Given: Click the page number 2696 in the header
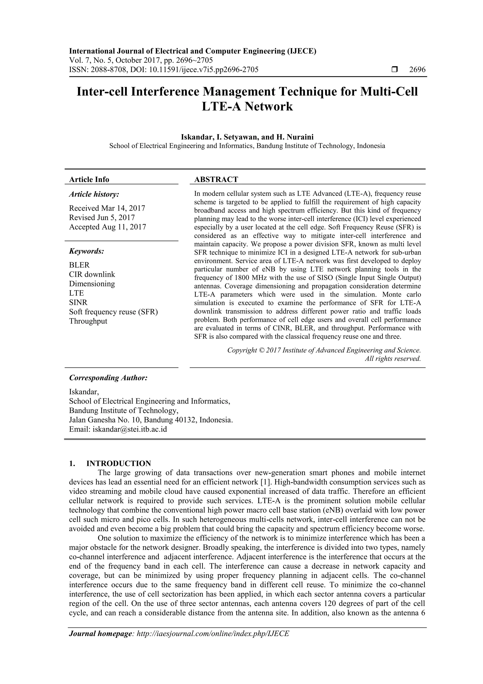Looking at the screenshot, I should coord(417,70).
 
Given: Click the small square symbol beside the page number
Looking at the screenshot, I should coord(395,70).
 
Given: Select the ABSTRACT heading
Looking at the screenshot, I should coord(216,179).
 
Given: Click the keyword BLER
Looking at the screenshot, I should coord(79,265).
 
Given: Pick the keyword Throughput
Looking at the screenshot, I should coord(88,321).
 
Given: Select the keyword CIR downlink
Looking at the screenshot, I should coord(92,274).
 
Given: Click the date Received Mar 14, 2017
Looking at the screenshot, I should coord(107,208).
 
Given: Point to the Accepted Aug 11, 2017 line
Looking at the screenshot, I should coord(108,227).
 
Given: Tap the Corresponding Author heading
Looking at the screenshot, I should coord(108,378).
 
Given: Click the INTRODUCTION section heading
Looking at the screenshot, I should coord(118,463).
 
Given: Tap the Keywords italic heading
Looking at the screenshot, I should coord(87,251).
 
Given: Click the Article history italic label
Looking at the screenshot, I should coord(94,194).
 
